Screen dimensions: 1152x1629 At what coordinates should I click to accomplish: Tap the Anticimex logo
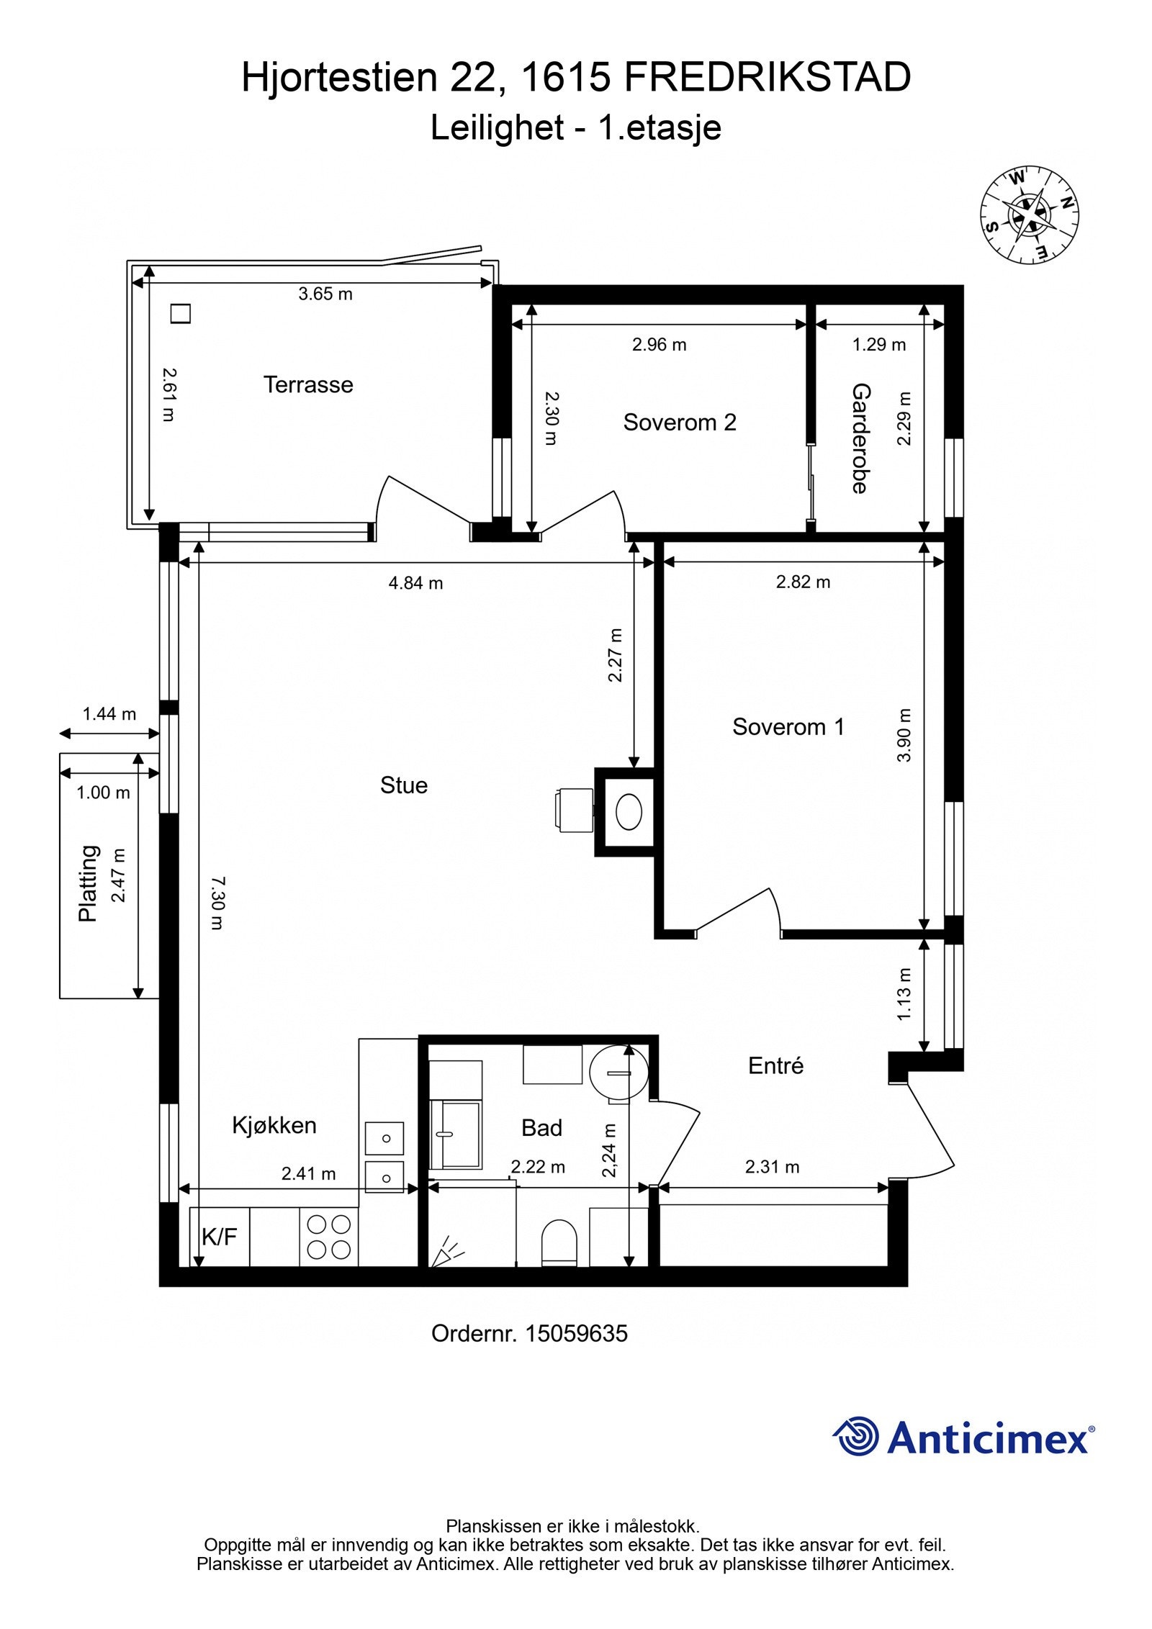[x=963, y=1437]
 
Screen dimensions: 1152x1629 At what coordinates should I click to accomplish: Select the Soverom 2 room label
[x=680, y=423]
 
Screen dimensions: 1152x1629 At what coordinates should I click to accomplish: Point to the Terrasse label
[x=308, y=384]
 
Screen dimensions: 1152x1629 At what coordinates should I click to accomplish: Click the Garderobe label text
[x=861, y=438]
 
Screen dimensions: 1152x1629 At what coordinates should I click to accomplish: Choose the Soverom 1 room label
[x=788, y=727]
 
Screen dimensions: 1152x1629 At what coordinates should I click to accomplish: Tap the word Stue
[x=404, y=785]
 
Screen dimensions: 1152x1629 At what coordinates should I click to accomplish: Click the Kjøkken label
[x=274, y=1125]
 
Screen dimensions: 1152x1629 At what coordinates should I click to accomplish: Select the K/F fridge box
[x=220, y=1237]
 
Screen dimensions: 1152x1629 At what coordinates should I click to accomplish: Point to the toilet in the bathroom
[x=559, y=1242]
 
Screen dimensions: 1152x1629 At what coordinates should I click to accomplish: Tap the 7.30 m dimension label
[x=217, y=903]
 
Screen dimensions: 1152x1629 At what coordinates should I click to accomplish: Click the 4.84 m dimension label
[x=416, y=583]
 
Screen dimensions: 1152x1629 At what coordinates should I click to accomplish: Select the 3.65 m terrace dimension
[x=325, y=294]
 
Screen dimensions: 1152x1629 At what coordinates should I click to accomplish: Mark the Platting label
[x=88, y=883]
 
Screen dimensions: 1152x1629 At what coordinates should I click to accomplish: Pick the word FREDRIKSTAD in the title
[x=768, y=77]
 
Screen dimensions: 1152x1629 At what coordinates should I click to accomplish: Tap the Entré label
[x=775, y=1065]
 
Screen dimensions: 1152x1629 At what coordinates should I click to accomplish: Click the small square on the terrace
[x=180, y=314]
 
